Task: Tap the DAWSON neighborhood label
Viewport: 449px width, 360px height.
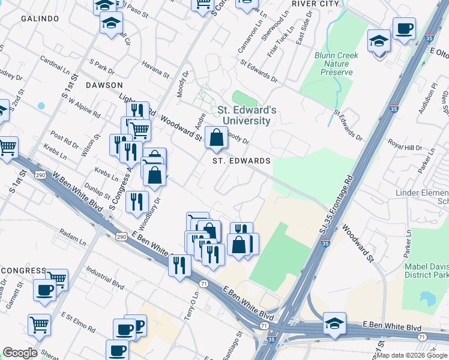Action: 104,85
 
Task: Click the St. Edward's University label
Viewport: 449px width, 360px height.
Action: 247,115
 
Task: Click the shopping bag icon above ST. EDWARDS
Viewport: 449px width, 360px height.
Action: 216,139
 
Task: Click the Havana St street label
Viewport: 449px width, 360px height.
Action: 155,68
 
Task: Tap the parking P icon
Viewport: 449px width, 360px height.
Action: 139,326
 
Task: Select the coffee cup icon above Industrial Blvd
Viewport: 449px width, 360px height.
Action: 44,290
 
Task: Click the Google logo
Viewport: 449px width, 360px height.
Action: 20,353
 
